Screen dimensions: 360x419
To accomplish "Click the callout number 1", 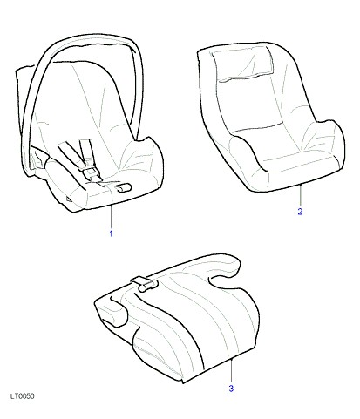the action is coord(111,233).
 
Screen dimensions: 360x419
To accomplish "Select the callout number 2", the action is coord(300,212).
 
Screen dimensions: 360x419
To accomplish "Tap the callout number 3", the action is coord(231,389).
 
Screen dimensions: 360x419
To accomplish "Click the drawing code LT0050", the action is coord(23,396).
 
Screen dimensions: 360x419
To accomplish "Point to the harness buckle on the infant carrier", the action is coord(91,174).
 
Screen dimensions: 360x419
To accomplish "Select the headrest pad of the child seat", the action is coord(243,63).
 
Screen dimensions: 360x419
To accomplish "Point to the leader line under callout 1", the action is coord(111,217).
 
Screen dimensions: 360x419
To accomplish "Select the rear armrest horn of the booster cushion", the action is coord(225,266).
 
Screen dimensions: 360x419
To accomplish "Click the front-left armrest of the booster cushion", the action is coord(112,312).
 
